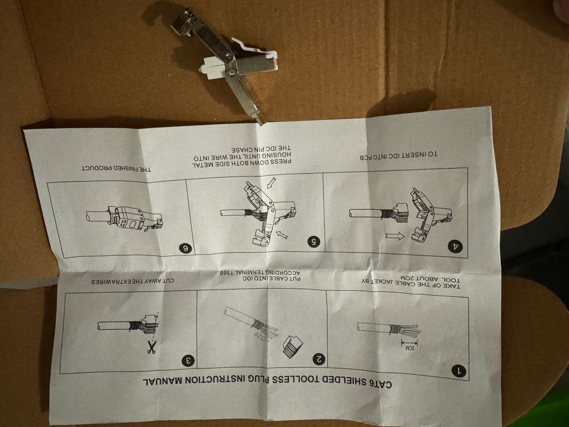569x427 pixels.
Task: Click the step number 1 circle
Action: [x=459, y=371]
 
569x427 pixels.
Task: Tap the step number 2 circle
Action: [x=319, y=359]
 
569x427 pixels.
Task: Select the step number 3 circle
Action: [x=188, y=360]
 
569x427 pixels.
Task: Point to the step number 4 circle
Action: [x=455, y=246]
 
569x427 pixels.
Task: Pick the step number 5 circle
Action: [x=314, y=241]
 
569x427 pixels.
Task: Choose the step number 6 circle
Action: [x=185, y=248]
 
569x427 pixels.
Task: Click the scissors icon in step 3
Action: [x=152, y=347]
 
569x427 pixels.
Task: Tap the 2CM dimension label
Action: [x=409, y=348]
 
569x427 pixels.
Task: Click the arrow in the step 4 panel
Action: [x=395, y=236]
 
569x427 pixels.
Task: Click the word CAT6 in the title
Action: [x=380, y=384]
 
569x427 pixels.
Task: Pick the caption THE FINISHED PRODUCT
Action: [x=117, y=169]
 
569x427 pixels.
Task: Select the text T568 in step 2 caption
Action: [x=228, y=272]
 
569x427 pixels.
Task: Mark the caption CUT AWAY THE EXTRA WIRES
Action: [x=133, y=281]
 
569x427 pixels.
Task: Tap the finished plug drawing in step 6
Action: [x=125, y=219]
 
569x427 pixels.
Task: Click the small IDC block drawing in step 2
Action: [x=293, y=347]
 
